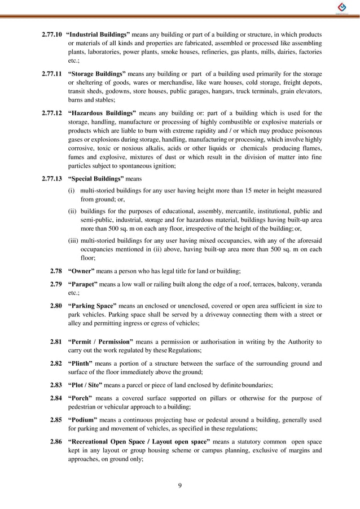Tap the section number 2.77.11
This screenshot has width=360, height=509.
(52, 74)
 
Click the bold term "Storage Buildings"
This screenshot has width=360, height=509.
(96, 74)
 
